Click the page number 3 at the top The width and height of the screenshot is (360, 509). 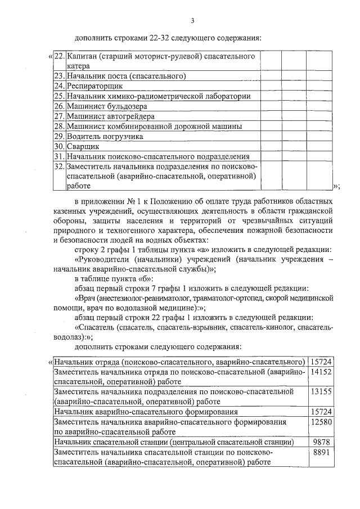click(x=192, y=21)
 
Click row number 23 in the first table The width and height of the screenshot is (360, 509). click(x=59, y=76)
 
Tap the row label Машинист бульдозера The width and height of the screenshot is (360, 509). click(x=106, y=106)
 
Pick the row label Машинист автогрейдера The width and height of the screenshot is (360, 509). click(x=106, y=116)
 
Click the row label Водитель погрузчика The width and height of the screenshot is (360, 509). click(x=104, y=136)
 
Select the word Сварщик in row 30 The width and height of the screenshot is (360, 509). click(x=83, y=146)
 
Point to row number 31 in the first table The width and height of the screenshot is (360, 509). click(x=59, y=156)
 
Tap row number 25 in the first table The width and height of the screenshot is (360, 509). click(x=59, y=96)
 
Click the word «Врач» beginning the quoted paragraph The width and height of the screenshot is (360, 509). click(x=85, y=298)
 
